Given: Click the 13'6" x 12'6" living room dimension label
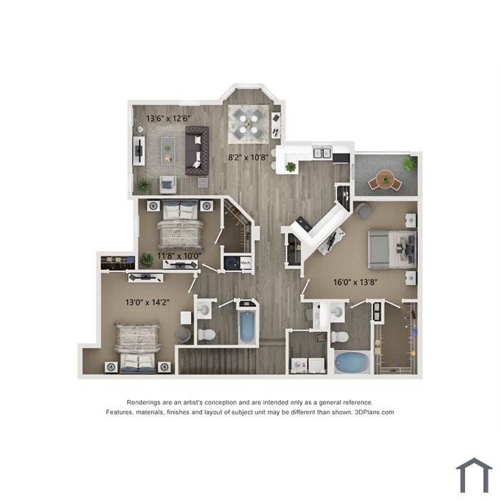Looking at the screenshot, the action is click(168, 119).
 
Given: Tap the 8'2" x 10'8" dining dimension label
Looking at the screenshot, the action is click(248, 157).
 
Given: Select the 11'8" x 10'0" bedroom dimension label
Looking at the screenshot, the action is click(179, 256).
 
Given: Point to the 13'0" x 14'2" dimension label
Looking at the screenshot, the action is click(147, 302).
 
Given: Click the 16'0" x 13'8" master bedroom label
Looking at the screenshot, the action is click(355, 282).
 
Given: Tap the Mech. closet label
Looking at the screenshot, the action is click(245, 263).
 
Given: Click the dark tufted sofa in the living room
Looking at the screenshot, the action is click(197, 151).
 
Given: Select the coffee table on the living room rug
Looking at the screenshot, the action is click(168, 151).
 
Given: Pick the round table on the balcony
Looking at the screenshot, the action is click(385, 179).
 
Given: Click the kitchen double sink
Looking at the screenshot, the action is click(321, 153).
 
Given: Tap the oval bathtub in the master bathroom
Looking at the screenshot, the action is click(352, 362).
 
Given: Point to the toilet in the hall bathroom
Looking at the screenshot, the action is click(206, 334).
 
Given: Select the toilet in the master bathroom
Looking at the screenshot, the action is click(339, 336).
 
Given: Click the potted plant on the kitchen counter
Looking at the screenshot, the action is click(291, 166).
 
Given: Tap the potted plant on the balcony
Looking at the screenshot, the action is click(409, 164).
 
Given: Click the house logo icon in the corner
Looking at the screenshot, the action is click(474, 475).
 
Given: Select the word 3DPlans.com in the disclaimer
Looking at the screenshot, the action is click(374, 412).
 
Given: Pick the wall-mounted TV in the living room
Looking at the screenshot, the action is click(139, 150).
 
